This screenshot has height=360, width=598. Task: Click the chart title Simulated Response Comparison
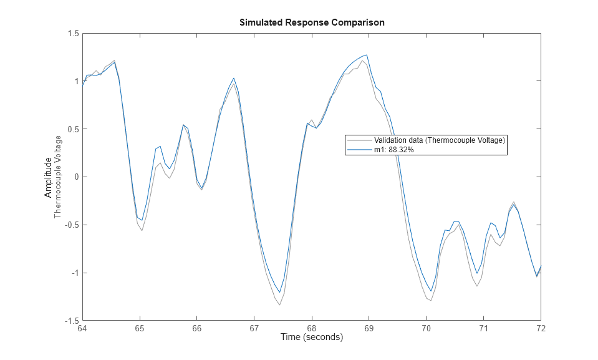pyautogui.click(x=312, y=22)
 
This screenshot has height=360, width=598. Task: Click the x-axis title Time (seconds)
pyautogui.click(x=311, y=338)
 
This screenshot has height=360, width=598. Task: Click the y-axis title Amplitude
pyautogui.click(x=48, y=177)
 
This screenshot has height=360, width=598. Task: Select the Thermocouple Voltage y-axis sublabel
pyautogui.click(x=58, y=177)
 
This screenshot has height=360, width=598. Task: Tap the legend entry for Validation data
pyautogui.click(x=439, y=140)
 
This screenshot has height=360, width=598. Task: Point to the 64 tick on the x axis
pyautogui.click(x=82, y=328)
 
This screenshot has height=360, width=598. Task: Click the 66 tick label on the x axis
pyautogui.click(x=197, y=328)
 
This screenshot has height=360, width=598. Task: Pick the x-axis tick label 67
pyautogui.click(x=254, y=328)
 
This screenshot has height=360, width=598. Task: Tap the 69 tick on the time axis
pyautogui.click(x=369, y=328)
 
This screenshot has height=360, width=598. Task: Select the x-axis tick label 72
pyautogui.click(x=540, y=328)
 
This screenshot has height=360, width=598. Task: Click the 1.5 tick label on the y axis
pyautogui.click(x=72, y=34)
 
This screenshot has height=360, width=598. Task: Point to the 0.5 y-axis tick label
pyautogui.click(x=72, y=129)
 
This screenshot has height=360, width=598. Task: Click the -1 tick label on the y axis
pyautogui.click(x=74, y=273)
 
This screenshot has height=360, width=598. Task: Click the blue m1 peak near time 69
pyautogui.click(x=367, y=54)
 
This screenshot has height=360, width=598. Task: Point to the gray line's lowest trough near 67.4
pyautogui.click(x=279, y=304)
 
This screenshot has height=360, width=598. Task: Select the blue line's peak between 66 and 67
pyautogui.click(x=234, y=79)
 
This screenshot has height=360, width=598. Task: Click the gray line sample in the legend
pyautogui.click(x=359, y=140)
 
